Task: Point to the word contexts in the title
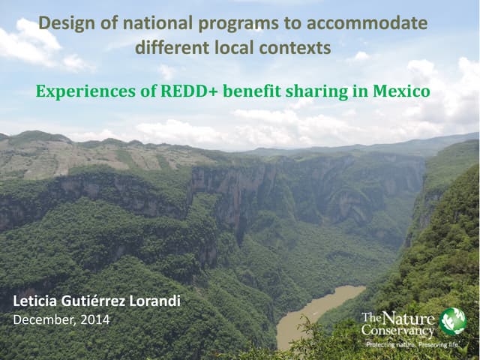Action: pos(294,48)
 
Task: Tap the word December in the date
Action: pos(44,320)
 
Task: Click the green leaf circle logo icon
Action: pos(452,321)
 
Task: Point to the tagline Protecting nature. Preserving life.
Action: pos(412,344)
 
